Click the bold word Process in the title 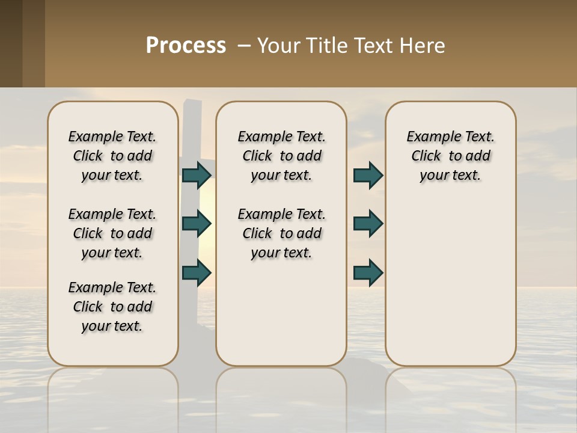(x=186, y=46)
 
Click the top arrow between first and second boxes (x=197, y=175)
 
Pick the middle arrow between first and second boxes (x=197, y=224)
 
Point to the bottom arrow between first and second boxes (x=197, y=272)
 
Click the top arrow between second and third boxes (x=368, y=175)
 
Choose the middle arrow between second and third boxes (x=368, y=224)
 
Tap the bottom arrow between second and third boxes (x=368, y=272)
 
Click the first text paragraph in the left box (x=112, y=156)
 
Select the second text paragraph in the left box (x=112, y=233)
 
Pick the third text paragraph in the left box (x=112, y=307)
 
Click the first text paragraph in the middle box (x=281, y=156)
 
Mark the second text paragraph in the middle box (x=281, y=233)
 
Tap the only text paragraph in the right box (x=450, y=156)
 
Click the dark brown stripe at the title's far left (x=11, y=43)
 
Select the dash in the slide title (x=244, y=46)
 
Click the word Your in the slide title (x=279, y=46)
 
